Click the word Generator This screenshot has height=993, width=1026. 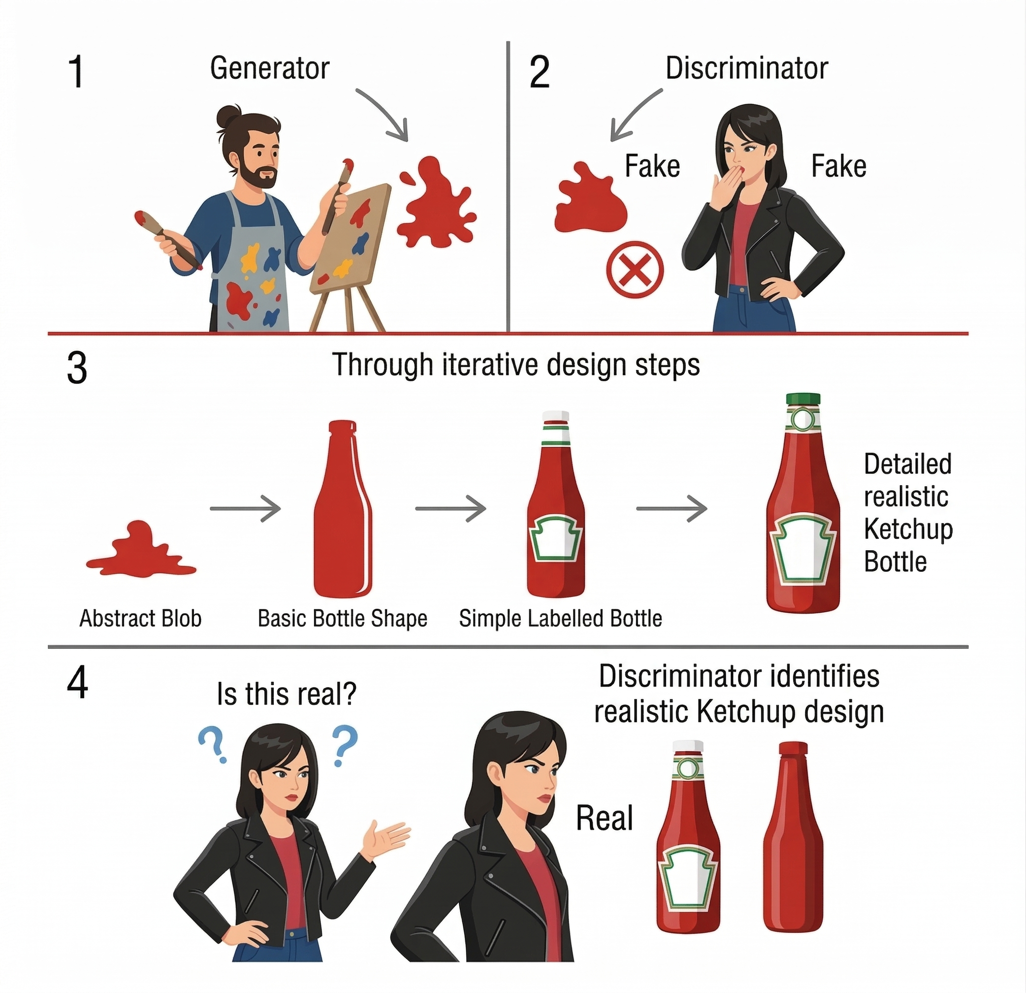[270, 68]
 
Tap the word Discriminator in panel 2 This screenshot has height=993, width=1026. [746, 68]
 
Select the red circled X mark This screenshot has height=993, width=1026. [635, 269]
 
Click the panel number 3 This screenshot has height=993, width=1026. [77, 367]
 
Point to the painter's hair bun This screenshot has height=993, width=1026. [228, 116]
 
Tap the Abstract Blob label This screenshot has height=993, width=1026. [140, 619]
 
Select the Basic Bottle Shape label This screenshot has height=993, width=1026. [342, 619]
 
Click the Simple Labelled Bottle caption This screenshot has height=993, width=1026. [561, 619]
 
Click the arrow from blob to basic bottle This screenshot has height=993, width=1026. [246, 508]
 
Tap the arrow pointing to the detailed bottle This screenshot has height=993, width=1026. [672, 508]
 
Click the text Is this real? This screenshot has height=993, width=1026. [287, 695]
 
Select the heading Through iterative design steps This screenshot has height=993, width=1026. [516, 365]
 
